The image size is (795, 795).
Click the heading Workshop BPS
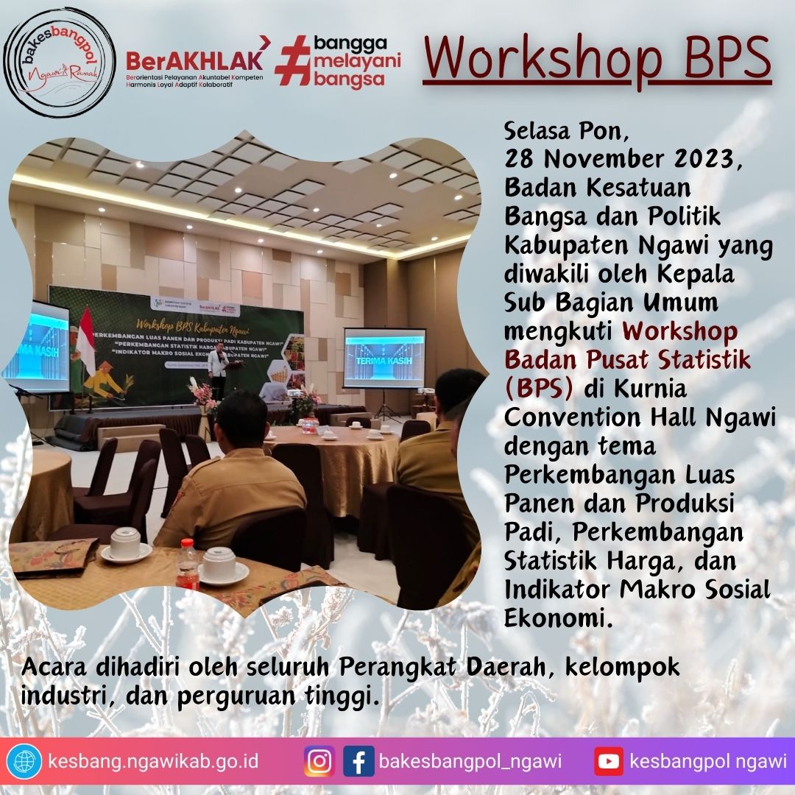[597, 57]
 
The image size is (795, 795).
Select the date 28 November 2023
[619, 159]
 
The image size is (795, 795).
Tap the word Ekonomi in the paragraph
[557, 618]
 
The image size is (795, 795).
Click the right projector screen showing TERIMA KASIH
[384, 358]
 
